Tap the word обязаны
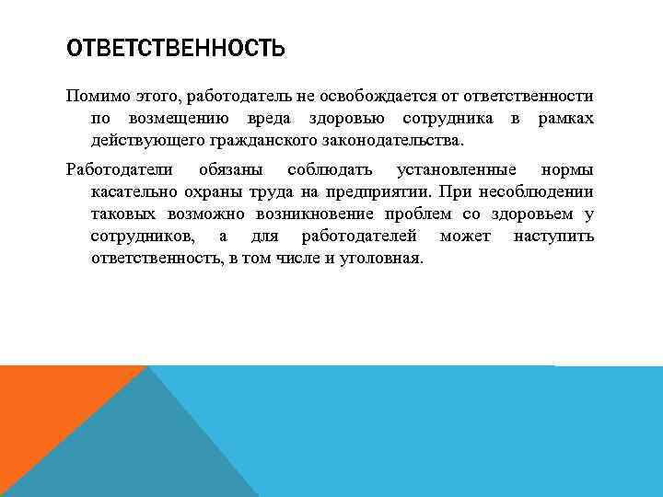229,170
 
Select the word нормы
567,170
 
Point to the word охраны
206,192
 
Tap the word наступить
553,237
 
